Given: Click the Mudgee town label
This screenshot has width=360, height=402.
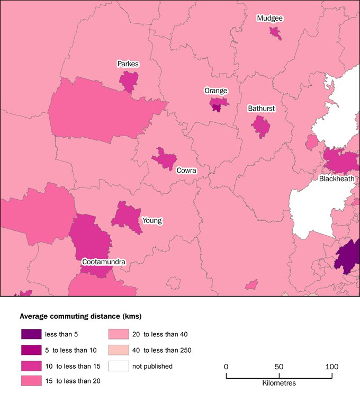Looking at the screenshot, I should tap(269, 18).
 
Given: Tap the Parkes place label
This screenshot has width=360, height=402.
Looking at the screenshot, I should tap(128, 64).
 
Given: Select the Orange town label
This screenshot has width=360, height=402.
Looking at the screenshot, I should tap(215, 91).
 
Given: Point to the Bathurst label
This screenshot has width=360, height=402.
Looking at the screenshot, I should tap(261, 109).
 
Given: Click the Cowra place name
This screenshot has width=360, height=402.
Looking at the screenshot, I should tap(186, 171).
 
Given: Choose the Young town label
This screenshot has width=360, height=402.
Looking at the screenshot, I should tap(152, 220).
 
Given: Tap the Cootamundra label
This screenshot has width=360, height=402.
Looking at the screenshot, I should tap(103, 262).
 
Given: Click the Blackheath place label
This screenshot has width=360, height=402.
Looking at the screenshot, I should tap(336, 179).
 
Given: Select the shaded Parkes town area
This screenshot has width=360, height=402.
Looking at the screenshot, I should tap(128, 81).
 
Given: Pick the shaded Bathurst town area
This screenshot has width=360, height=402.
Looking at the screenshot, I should tap(260, 127).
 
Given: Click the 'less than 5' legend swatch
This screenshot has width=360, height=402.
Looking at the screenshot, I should tap(31, 334).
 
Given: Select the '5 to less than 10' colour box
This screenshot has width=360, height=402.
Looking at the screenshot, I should tap(31, 350).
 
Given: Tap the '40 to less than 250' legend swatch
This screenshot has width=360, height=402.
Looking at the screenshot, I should tap(119, 350).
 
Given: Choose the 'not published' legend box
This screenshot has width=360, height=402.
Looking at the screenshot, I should tap(119, 365).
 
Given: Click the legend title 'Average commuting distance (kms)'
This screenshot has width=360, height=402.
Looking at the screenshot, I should tap(80, 317).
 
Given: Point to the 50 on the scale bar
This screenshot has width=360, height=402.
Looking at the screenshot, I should tap(279, 367).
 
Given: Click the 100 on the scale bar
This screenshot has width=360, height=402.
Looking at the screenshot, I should tap(331, 367).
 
